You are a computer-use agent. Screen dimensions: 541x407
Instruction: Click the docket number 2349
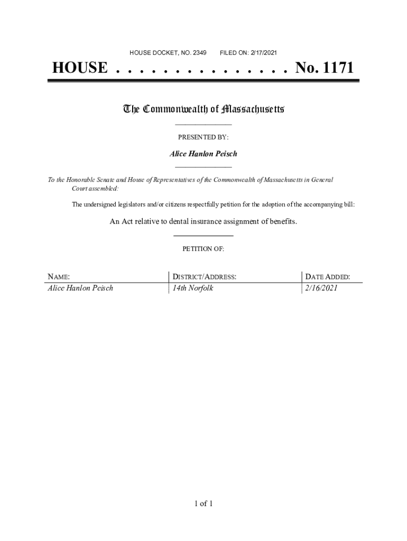coord(199,53)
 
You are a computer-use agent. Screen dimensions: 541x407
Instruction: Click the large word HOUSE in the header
coord(79,69)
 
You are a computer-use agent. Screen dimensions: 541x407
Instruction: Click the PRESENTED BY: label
coord(203,137)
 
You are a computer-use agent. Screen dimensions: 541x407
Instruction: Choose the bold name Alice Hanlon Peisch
coord(203,154)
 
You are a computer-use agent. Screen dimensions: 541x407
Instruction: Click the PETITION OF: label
coord(203,248)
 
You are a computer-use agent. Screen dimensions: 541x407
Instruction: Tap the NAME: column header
coord(59,277)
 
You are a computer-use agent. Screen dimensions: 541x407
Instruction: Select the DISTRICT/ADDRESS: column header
coord(204,277)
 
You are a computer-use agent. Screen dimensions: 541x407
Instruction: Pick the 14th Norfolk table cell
coord(193,288)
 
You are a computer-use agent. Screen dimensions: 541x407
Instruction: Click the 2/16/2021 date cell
coord(320,288)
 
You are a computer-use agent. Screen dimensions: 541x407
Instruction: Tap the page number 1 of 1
coord(203,503)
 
